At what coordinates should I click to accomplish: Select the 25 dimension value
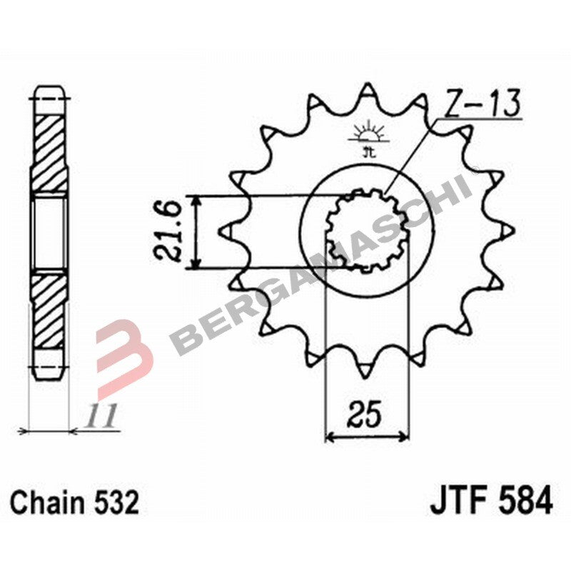[366, 413]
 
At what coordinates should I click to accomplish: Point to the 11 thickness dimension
[102, 417]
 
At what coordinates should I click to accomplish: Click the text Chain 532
[75, 503]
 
